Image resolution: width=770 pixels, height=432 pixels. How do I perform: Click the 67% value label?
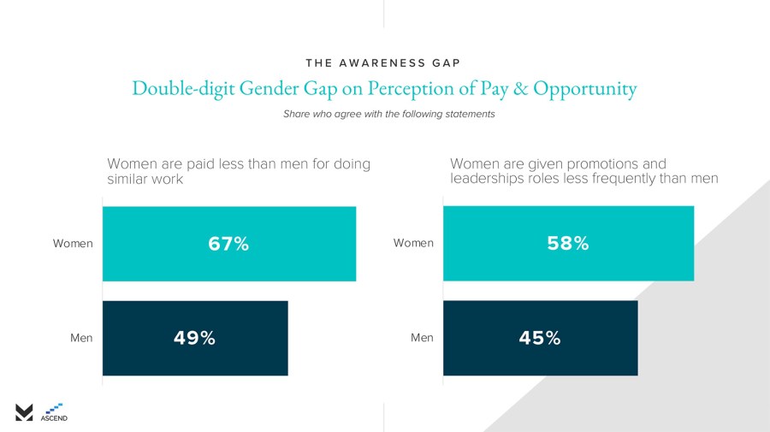click(228, 244)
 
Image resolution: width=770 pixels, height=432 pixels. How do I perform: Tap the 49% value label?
click(194, 338)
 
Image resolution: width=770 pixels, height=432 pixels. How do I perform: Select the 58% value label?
click(568, 244)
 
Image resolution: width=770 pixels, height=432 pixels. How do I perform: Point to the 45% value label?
click(540, 338)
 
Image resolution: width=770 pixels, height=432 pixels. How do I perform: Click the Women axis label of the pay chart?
click(73, 244)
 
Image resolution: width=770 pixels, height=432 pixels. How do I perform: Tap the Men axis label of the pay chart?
click(81, 338)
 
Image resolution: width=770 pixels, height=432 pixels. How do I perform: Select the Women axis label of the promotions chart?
click(413, 244)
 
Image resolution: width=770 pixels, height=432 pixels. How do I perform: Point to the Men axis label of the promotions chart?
click(422, 338)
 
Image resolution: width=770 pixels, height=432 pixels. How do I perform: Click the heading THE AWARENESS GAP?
click(384, 62)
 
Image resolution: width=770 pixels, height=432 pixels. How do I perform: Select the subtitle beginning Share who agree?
click(388, 114)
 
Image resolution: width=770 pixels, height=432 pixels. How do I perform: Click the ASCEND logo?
click(54, 412)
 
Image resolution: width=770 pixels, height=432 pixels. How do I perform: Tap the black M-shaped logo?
click(24, 411)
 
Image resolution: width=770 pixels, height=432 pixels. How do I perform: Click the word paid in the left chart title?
click(190, 163)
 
